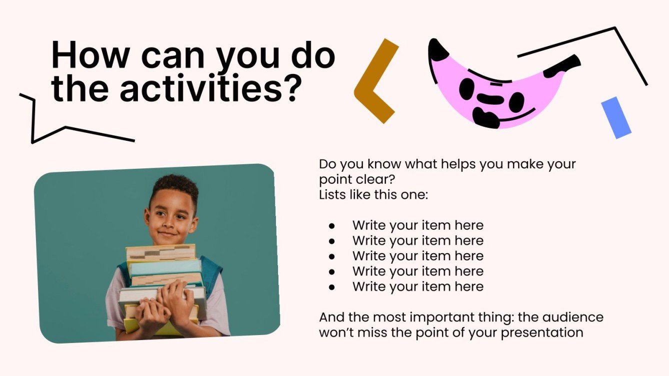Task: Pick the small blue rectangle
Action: pyautogui.click(x=616, y=117)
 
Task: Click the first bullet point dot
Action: pyautogui.click(x=331, y=226)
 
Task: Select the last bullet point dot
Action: pyautogui.click(x=331, y=287)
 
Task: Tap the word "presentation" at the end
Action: pyautogui.click(x=542, y=333)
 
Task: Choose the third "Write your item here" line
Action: pyautogui.click(x=417, y=256)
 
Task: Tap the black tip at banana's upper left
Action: pyautogui.click(x=438, y=49)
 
